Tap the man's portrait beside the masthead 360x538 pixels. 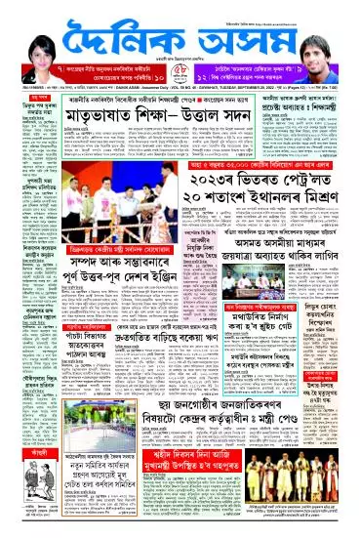(x=332, y=39)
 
